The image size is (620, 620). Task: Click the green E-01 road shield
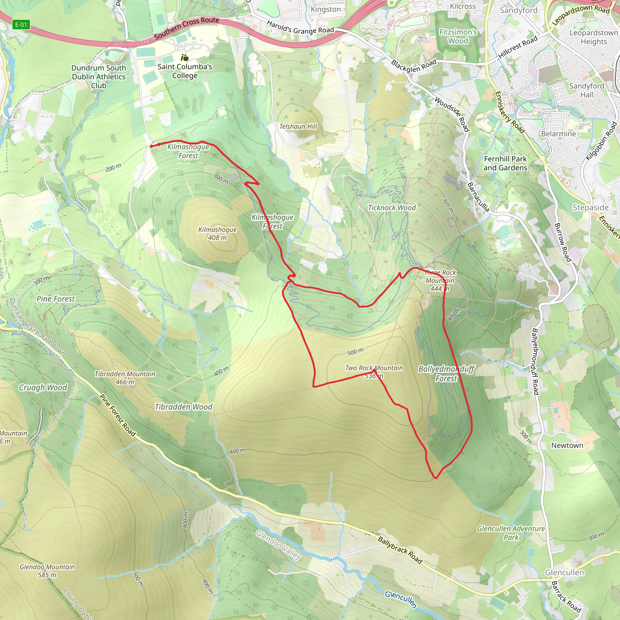click(x=21, y=25)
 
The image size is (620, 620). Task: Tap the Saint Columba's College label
click(x=185, y=71)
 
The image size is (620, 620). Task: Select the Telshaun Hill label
click(x=298, y=127)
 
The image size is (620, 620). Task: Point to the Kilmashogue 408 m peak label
click(x=217, y=234)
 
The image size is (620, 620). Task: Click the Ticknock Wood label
click(x=391, y=208)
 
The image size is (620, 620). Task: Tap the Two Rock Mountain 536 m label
click(x=374, y=372)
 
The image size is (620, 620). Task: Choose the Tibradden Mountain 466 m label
click(x=125, y=378)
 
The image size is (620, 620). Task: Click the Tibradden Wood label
click(x=183, y=407)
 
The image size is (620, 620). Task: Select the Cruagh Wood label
click(x=43, y=388)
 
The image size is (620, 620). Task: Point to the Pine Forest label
click(x=55, y=299)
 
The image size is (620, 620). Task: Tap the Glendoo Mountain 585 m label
click(x=47, y=571)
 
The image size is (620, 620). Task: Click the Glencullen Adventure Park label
click(x=511, y=533)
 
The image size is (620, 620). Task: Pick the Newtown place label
click(x=567, y=445)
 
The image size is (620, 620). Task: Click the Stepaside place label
click(x=590, y=208)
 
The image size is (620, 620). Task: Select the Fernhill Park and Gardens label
click(x=506, y=163)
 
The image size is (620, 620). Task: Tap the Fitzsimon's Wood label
click(x=458, y=36)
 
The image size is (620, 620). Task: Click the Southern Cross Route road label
click(x=186, y=28)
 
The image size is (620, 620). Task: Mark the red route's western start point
click(x=151, y=146)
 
